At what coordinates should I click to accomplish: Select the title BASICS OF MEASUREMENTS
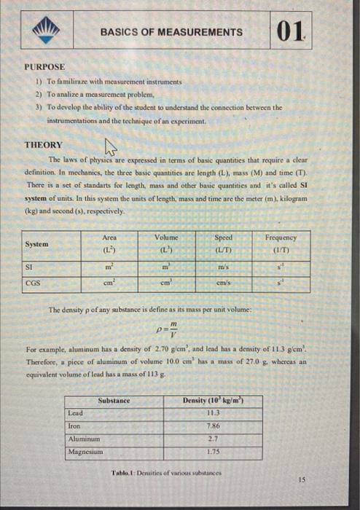tap(171, 32)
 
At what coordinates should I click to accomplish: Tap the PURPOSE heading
tap(45, 66)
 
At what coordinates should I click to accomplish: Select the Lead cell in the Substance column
tap(77, 412)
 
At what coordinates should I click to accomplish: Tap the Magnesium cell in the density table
tap(87, 451)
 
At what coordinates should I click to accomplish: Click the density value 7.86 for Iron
tap(214, 425)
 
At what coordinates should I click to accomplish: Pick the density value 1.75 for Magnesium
tap(214, 452)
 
